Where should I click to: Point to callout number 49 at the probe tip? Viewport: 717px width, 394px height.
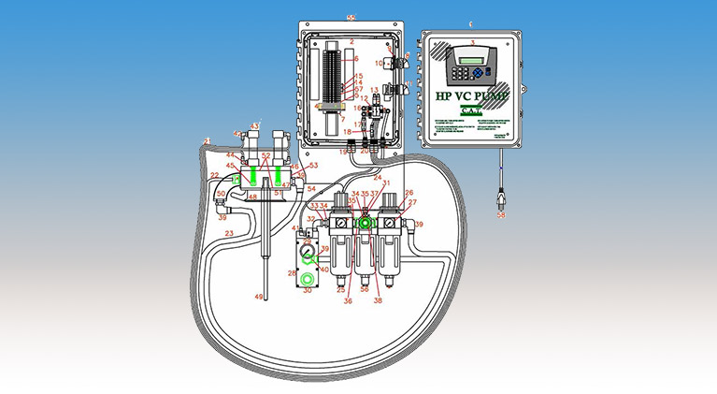click(x=260, y=296)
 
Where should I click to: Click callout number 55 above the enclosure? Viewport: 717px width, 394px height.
click(x=351, y=17)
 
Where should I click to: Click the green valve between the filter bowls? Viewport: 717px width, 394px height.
click(x=363, y=223)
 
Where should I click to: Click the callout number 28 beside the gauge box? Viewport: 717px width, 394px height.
click(x=290, y=272)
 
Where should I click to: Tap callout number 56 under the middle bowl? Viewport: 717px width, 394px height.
click(x=364, y=290)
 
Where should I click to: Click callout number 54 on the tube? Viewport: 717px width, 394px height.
click(x=310, y=189)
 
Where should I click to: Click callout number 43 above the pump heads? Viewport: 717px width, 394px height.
click(x=254, y=125)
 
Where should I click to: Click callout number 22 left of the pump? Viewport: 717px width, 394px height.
click(x=214, y=174)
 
